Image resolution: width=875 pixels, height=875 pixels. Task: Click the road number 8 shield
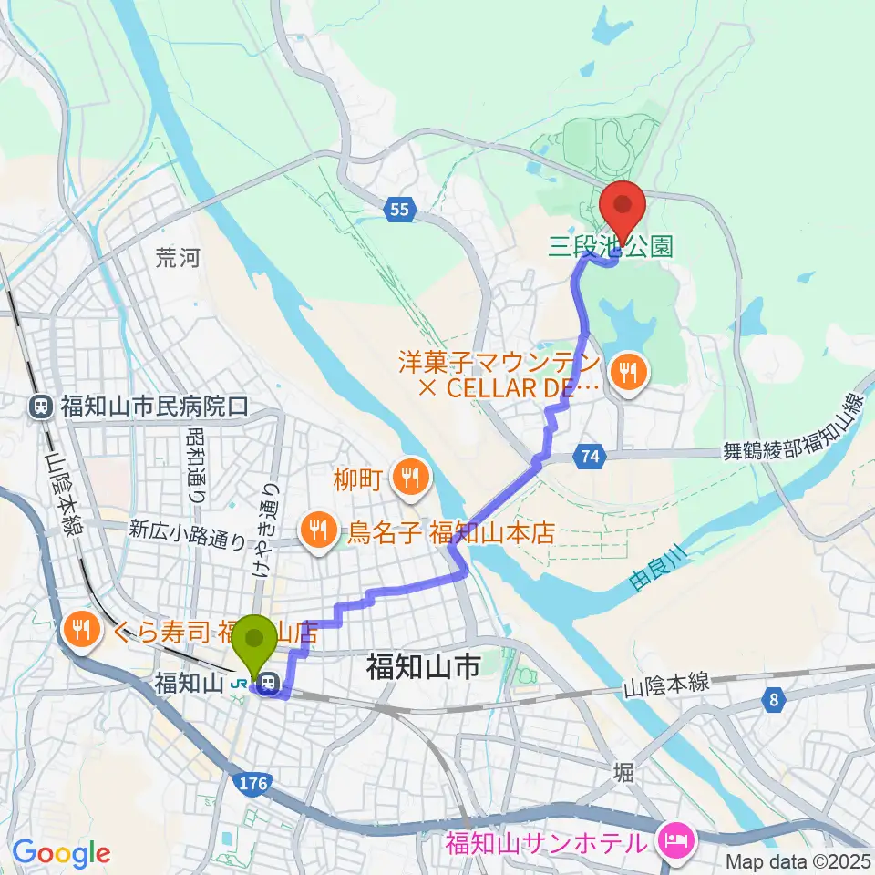[773, 700]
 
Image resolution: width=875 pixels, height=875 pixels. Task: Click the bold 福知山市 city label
[423, 668]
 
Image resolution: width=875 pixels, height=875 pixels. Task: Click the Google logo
[61, 853]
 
